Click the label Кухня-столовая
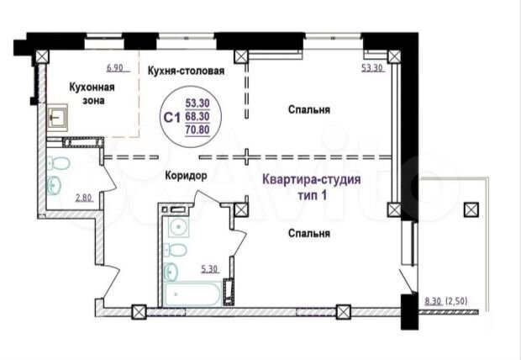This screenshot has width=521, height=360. [x=185, y=71]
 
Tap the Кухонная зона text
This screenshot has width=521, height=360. [x=92, y=94]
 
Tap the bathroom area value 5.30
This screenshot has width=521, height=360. [x=210, y=269]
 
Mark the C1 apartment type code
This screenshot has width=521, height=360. [x=171, y=117]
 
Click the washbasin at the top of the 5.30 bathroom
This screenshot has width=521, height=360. [x=176, y=225]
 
